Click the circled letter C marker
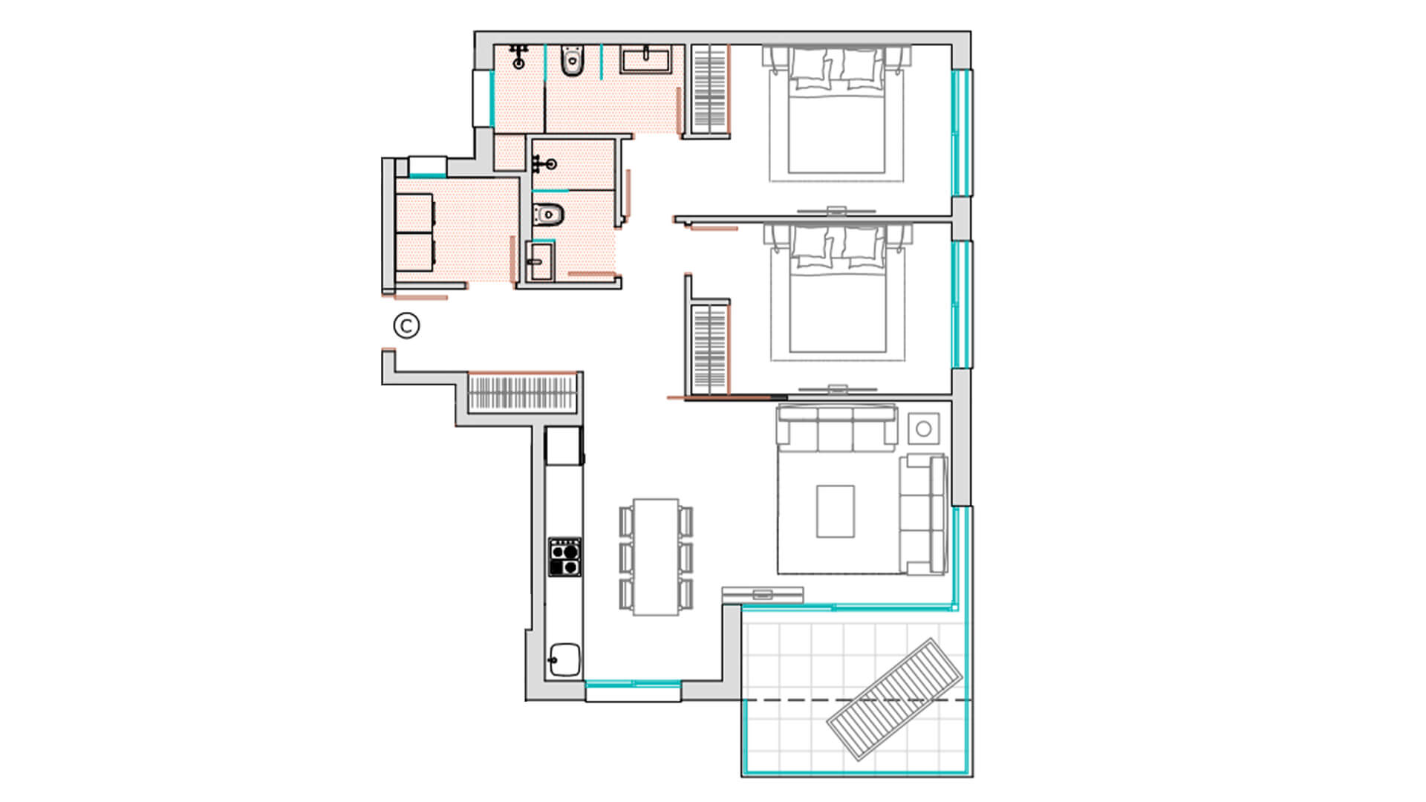pos(406,325)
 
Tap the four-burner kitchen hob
pos(564,557)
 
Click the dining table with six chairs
pos(656,557)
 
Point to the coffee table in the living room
pos(835,511)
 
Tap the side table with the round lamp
pos(924,428)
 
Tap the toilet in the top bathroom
pos(572,61)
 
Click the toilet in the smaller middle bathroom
pos(549,214)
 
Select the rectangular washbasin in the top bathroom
pos(646,60)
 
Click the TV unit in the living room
pos(763,594)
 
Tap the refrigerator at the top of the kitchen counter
pos(564,446)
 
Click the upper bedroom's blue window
pos(962,133)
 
